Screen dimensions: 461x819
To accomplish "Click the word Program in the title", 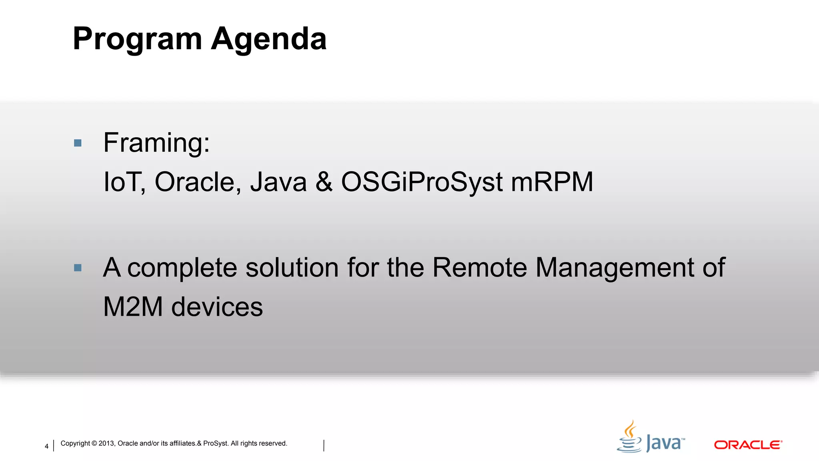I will click(x=137, y=39).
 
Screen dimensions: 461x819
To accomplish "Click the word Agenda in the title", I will click(x=269, y=39).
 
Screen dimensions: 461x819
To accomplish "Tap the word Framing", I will click(x=156, y=143).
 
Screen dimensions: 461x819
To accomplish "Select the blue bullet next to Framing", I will click(x=78, y=143).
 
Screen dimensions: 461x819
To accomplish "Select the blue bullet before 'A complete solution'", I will click(x=78, y=268).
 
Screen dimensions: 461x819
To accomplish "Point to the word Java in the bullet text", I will click(x=278, y=182).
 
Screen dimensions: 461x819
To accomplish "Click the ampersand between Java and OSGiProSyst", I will click(x=324, y=182).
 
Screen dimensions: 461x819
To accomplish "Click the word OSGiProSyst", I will click(x=422, y=182).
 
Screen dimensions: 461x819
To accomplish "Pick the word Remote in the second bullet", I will click(x=479, y=267).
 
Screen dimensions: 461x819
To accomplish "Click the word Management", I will click(x=615, y=267).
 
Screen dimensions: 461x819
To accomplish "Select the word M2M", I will click(x=133, y=307).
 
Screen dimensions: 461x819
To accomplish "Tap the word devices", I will click(x=217, y=307).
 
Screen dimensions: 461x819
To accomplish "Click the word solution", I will click(x=292, y=267).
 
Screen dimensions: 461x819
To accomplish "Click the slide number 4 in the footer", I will click(x=46, y=446).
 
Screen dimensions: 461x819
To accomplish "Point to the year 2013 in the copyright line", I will click(x=106, y=443).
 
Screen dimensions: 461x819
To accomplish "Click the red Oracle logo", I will click(x=748, y=445).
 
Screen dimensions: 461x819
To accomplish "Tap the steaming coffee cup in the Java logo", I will click(x=629, y=438).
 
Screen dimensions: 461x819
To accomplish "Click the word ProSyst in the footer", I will click(x=216, y=443).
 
